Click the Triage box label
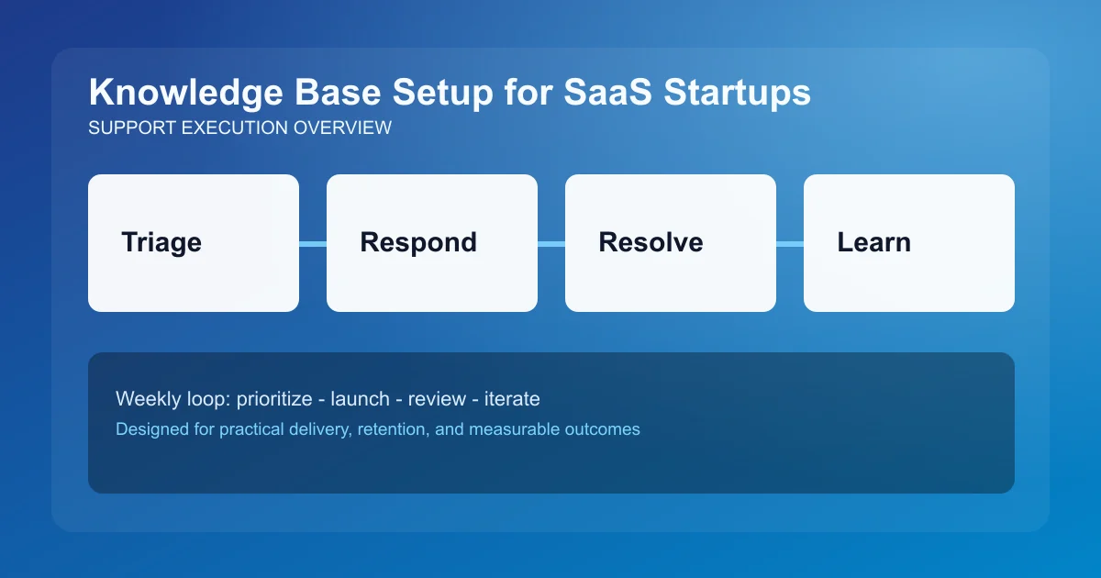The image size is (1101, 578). coord(161,242)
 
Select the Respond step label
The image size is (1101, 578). coord(418,242)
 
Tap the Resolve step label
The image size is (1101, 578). coord(651,242)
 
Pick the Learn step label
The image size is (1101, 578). coord(873,242)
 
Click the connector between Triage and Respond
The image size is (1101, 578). coord(313,243)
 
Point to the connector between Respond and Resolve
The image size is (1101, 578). coord(551,243)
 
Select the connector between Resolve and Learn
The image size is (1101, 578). coord(790,243)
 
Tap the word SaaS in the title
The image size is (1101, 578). coord(610,94)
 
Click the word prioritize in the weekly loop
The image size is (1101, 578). coord(275,399)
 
